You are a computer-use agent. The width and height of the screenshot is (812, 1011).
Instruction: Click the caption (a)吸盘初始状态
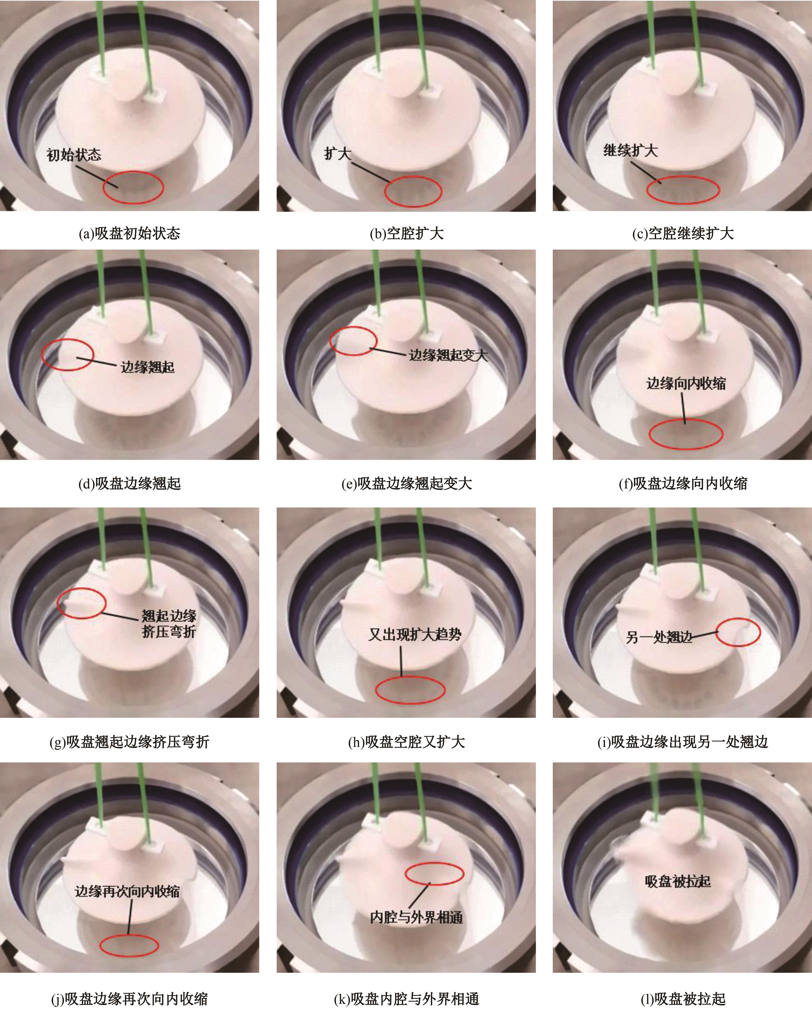coord(129,233)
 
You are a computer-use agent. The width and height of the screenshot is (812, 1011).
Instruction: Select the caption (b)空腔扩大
coord(406,233)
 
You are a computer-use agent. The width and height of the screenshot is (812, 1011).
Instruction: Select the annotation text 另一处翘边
coord(659,637)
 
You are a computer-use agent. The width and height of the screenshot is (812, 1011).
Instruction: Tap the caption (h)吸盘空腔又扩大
coord(406,741)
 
